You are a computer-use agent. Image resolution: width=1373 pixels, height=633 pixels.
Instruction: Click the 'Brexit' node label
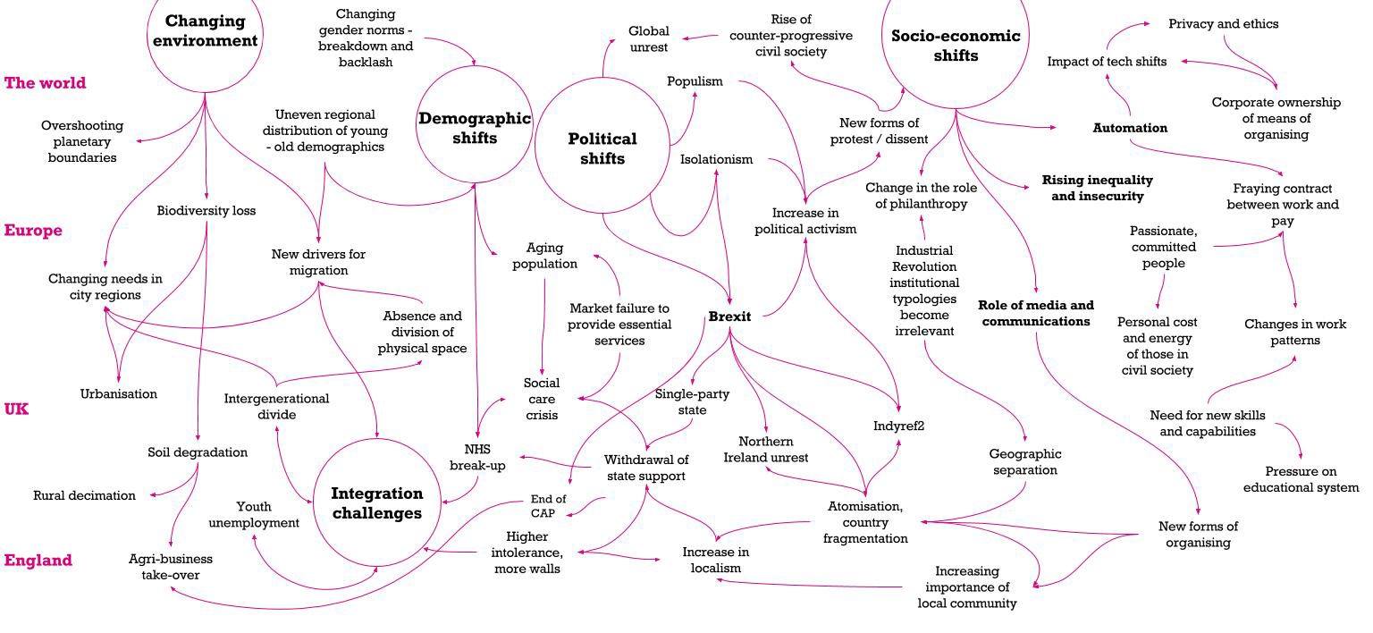point(729,316)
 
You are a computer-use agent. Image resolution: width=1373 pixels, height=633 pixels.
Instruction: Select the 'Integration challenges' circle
point(376,503)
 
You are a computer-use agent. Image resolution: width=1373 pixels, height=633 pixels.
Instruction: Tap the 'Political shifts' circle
point(602,148)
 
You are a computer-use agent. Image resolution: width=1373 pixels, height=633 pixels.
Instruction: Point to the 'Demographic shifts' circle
point(475,127)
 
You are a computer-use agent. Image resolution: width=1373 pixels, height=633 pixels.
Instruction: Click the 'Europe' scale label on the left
point(33,231)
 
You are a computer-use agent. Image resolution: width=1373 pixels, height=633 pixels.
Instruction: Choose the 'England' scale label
point(38,561)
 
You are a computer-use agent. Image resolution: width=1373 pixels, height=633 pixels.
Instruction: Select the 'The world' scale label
point(45,83)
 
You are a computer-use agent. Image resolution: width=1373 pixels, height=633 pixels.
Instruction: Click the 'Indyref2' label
point(898,426)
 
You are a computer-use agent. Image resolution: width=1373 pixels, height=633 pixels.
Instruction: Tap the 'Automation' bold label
point(1130,128)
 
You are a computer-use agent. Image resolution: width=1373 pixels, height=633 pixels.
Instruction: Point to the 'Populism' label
point(695,81)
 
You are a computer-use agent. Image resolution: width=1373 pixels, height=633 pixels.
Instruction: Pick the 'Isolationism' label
point(716,160)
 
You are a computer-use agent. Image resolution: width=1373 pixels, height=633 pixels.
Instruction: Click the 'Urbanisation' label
point(118,393)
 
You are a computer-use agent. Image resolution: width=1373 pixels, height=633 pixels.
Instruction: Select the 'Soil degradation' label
point(198,452)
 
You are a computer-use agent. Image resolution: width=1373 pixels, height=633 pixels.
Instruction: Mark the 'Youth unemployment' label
point(254,515)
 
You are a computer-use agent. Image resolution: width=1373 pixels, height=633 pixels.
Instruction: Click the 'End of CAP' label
point(548,506)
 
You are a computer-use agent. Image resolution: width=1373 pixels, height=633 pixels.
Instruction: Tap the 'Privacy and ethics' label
point(1223,24)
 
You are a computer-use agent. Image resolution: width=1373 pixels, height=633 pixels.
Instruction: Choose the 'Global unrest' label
point(648,39)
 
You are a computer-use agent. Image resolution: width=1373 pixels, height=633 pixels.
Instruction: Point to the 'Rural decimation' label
point(84,495)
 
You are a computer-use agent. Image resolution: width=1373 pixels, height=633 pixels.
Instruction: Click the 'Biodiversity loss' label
point(206,211)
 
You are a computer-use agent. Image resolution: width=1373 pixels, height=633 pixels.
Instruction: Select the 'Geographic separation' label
point(1024,462)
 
